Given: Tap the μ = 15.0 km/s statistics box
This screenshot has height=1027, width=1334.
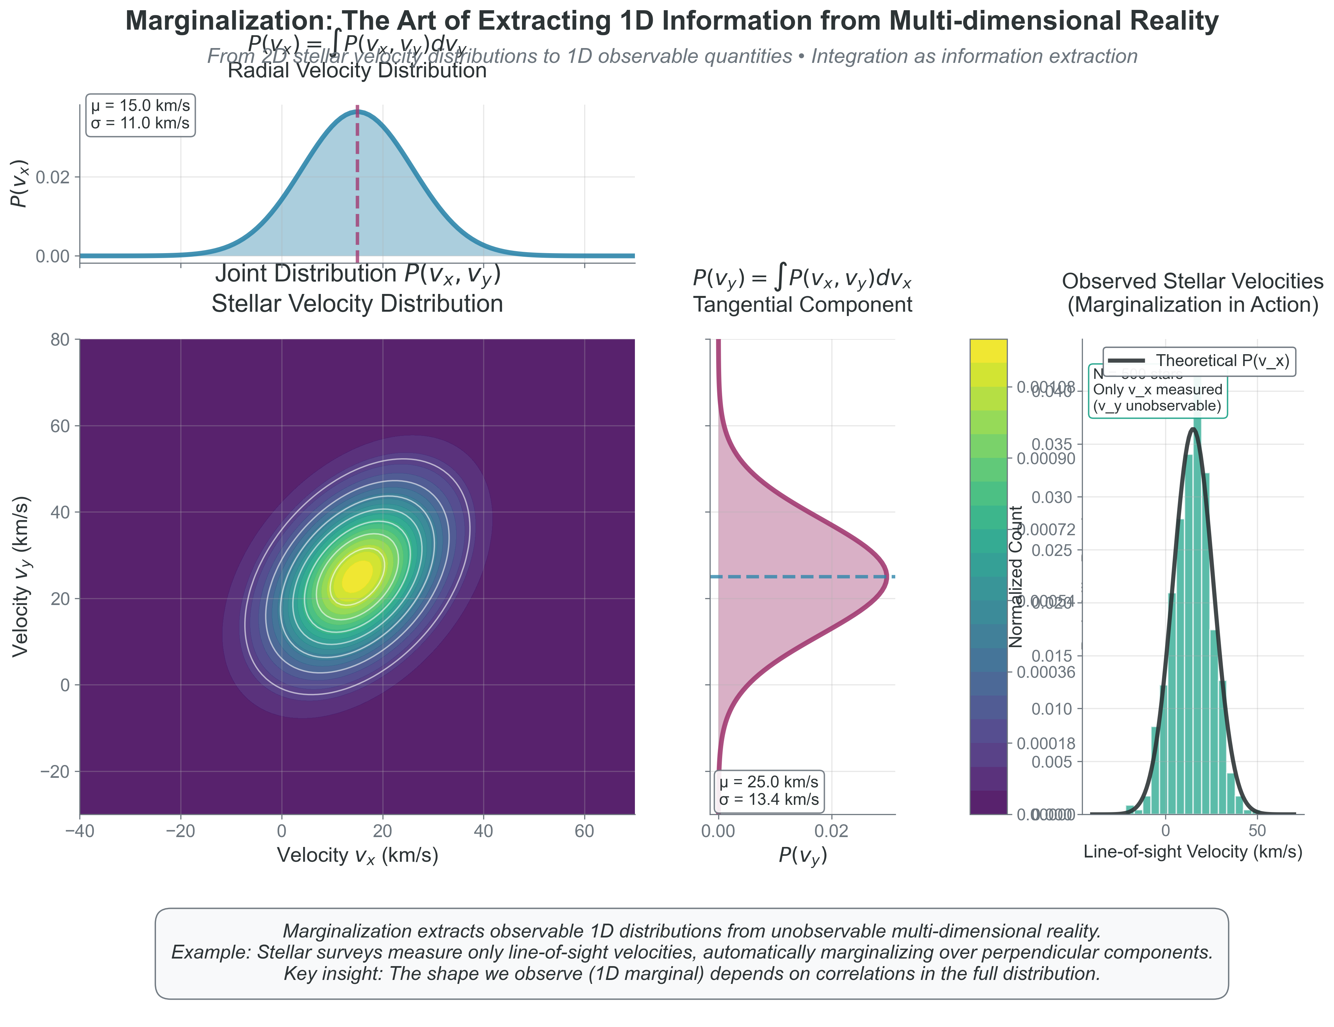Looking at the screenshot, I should [x=141, y=114].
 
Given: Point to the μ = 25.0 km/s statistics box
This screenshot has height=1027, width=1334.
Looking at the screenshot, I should [x=769, y=791].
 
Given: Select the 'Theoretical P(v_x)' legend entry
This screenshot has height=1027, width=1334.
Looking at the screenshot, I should [x=1199, y=361].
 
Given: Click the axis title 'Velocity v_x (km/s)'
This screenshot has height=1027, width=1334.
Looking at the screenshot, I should [x=357, y=855].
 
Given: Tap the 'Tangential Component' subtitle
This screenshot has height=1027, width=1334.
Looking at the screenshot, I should [x=802, y=304].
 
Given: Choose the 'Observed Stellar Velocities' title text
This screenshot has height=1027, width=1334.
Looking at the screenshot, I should [x=1192, y=281].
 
